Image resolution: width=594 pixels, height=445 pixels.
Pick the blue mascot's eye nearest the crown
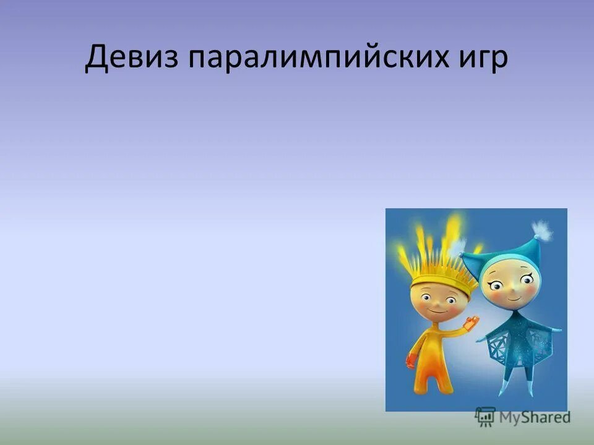coord(496,284)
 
